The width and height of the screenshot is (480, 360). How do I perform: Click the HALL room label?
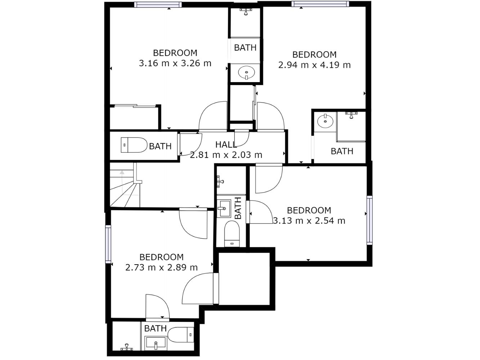(x=226, y=144)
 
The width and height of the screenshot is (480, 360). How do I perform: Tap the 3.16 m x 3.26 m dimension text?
(x=175, y=63)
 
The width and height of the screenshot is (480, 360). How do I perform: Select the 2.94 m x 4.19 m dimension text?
(x=314, y=65)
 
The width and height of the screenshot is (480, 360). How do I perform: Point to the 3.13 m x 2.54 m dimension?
(x=309, y=221)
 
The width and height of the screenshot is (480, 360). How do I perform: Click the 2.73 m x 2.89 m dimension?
(x=161, y=267)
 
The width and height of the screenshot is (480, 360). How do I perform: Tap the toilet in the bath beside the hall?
(x=134, y=145)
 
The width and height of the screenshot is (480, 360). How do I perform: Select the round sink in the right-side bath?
(x=325, y=121)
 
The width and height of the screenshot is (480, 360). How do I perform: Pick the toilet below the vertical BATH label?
(x=232, y=234)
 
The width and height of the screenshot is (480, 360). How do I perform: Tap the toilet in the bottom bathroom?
(x=181, y=335)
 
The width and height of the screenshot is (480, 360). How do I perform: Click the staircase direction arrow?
(x=122, y=172)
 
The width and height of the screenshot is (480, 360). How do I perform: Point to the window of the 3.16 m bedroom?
(x=158, y=5)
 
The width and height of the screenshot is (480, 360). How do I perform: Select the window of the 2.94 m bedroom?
(x=320, y=4)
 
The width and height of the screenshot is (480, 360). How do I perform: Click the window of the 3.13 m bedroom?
(x=369, y=220)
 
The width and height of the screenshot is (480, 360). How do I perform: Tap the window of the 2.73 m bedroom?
(x=108, y=244)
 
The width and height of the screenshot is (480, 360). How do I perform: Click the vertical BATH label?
(x=238, y=208)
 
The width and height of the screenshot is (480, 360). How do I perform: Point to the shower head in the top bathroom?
(x=246, y=12)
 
